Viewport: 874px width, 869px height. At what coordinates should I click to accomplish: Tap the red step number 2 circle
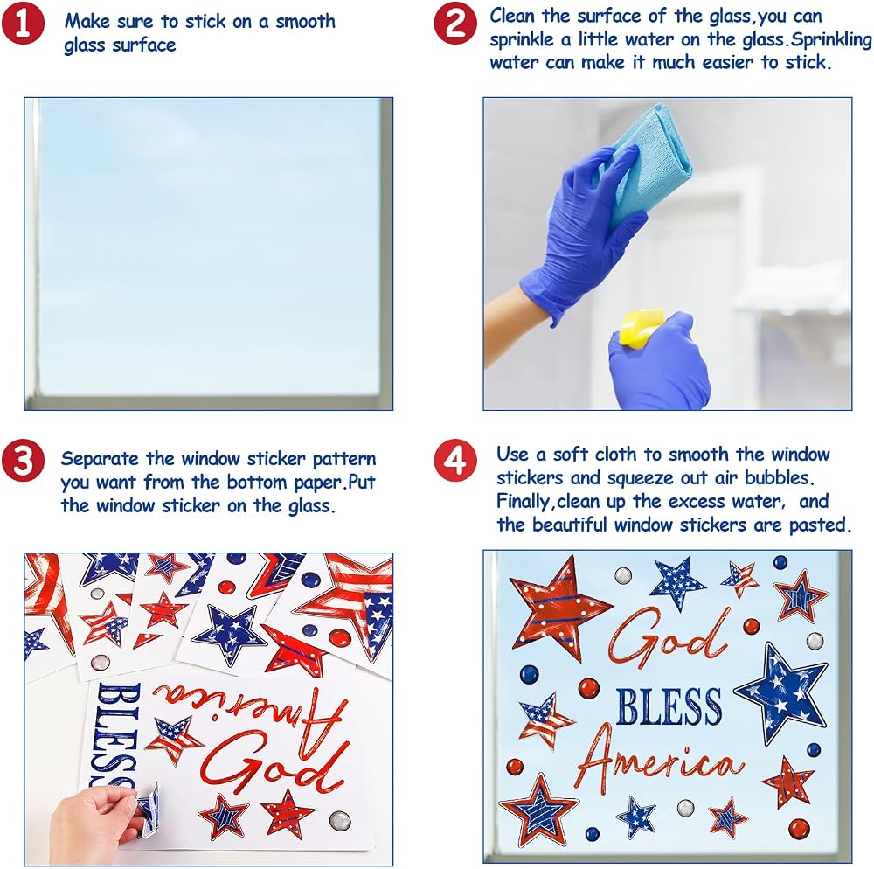pos(455,24)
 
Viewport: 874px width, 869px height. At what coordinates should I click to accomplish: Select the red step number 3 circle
pos(23,461)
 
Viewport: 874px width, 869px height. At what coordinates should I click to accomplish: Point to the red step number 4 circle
pos(455,461)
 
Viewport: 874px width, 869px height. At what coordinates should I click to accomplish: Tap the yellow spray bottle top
pos(641,328)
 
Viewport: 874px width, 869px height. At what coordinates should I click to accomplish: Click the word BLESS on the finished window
pos(669,706)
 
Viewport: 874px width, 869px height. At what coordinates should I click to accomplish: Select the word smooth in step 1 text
pos(305,22)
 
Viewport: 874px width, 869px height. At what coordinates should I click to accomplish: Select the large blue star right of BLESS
pos(780,692)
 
